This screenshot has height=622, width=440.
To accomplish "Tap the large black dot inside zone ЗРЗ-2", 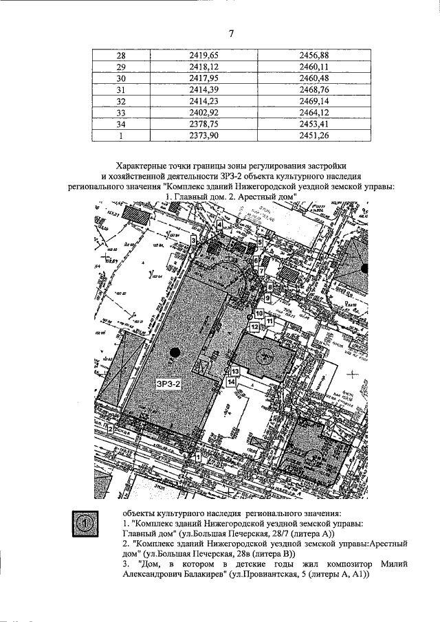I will (175, 353).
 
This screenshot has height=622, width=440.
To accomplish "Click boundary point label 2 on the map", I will (111, 429).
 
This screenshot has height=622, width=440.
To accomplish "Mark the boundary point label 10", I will (258, 313).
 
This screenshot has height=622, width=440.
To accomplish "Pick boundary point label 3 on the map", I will (194, 238).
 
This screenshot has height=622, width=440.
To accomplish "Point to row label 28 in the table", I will (122, 54).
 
